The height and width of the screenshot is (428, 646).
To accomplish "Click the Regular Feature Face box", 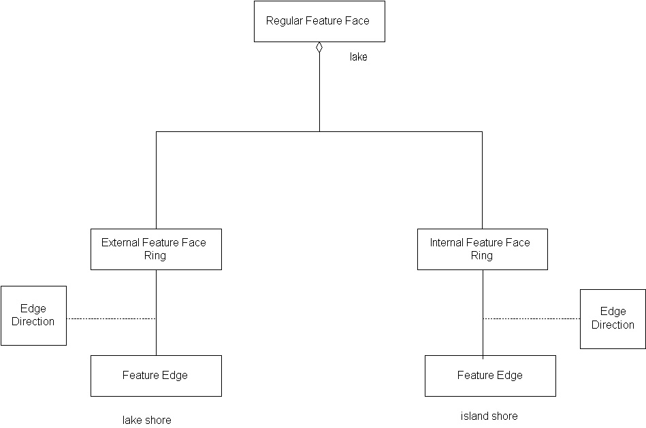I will click(319, 21).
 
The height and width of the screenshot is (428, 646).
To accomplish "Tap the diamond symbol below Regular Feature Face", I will click(319, 47).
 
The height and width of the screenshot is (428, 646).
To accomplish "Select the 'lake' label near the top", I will click(359, 57).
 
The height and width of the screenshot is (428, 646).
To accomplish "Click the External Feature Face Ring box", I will click(156, 249).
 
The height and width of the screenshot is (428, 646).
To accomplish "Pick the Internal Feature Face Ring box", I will click(482, 249).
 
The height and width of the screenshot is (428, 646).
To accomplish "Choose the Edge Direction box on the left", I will click(33, 315).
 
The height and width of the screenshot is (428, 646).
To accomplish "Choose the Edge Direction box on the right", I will click(613, 318).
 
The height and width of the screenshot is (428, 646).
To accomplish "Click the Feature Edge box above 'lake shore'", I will click(156, 376).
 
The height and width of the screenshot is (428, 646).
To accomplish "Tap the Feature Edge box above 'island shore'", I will click(490, 376).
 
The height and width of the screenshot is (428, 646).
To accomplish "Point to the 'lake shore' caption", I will click(146, 420).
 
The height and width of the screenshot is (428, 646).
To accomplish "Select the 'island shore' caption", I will click(489, 416).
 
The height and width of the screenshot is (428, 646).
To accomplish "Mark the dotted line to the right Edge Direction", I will click(531, 318).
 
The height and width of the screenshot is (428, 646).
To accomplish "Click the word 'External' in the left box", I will click(119, 242).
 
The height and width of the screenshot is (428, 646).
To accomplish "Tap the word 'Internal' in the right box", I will click(446, 242).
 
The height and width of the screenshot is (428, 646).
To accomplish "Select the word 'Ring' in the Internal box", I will click(481, 256).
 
